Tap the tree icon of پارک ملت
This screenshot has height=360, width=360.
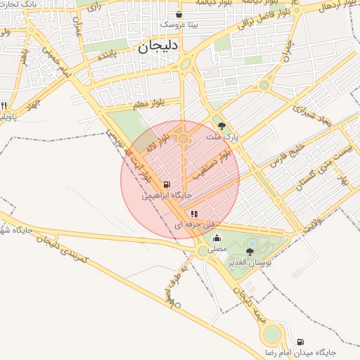(x=222, y=127)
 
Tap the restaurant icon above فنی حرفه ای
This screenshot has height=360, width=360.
(x=194, y=214)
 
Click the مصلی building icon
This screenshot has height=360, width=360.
(x=217, y=238)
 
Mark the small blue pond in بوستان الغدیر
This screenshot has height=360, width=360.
(x=251, y=244)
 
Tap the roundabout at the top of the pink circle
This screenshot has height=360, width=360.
(x=184, y=139)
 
